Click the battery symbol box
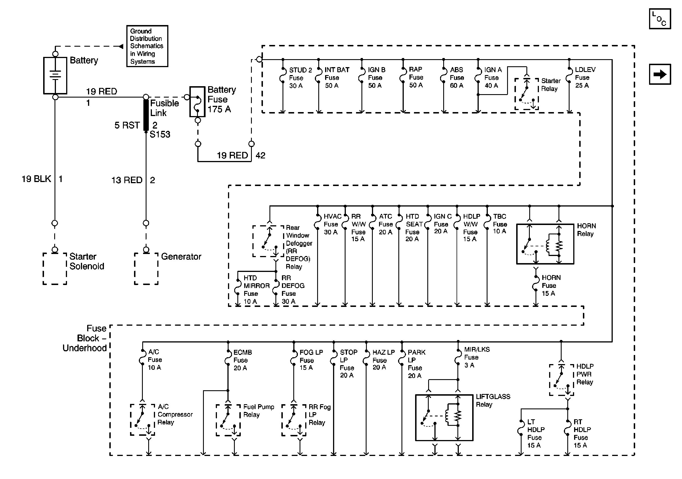(x=55, y=76)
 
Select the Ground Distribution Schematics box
(x=147, y=46)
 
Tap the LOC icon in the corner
(x=660, y=19)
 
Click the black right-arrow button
(x=660, y=74)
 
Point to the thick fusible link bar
(x=146, y=115)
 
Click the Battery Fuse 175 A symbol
(x=197, y=102)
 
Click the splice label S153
(x=160, y=135)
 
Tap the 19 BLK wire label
(x=36, y=179)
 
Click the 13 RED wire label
(x=127, y=180)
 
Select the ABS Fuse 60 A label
(x=457, y=78)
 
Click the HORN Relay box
(x=545, y=244)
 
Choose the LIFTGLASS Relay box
(x=444, y=417)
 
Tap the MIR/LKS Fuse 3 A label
(x=476, y=357)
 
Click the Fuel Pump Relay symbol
(x=228, y=420)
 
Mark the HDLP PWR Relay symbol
(x=561, y=380)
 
